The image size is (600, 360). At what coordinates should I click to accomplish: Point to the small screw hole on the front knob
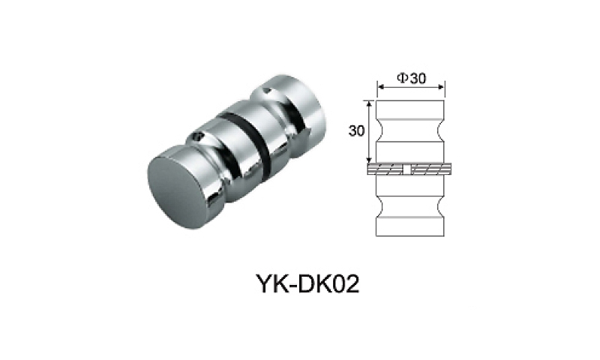click(x=198, y=137)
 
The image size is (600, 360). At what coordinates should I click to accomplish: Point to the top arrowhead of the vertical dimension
click(x=368, y=103)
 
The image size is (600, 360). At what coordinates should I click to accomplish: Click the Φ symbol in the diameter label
click(x=401, y=78)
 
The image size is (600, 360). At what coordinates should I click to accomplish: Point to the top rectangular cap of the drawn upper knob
click(x=411, y=108)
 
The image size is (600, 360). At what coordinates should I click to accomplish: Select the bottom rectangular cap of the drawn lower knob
click(x=411, y=226)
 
